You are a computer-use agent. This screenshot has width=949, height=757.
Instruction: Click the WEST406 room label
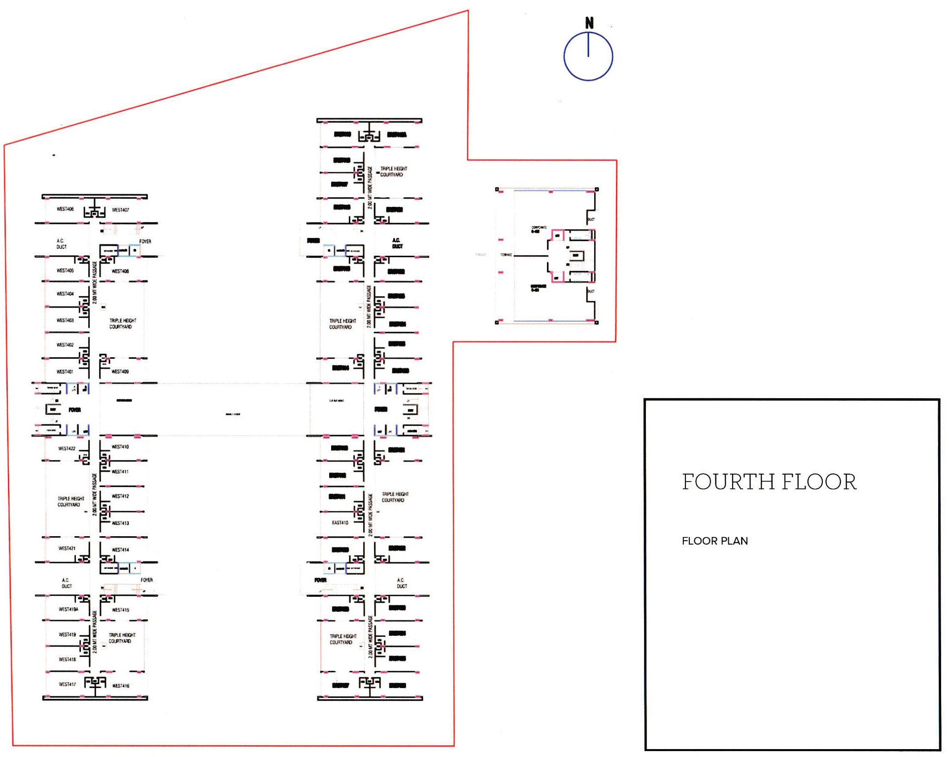click(65, 209)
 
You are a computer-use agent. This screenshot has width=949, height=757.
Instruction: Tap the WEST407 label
click(120, 210)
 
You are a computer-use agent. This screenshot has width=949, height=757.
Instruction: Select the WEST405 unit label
click(65, 271)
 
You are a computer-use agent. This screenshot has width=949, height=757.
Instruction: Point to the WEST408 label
click(120, 271)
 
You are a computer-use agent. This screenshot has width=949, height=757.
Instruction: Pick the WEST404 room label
click(65, 294)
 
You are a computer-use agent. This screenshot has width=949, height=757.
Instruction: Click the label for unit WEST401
click(65, 372)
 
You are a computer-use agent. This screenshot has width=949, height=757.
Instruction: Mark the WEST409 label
click(120, 372)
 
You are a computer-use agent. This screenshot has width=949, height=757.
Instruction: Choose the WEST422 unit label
click(67, 448)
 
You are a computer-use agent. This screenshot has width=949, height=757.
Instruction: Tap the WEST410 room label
click(120, 447)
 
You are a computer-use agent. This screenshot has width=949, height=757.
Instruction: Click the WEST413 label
click(120, 523)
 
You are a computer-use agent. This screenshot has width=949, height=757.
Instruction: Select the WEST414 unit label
click(120, 550)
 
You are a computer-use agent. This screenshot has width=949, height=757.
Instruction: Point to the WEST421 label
click(67, 548)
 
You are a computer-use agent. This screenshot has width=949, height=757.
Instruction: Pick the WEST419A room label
click(68, 609)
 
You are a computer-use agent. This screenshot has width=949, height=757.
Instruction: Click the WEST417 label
click(68, 684)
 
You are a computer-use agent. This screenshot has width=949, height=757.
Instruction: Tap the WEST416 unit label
click(121, 686)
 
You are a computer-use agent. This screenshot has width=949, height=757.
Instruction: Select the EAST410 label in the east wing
click(340, 522)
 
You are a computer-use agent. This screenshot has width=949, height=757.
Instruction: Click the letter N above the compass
click(589, 23)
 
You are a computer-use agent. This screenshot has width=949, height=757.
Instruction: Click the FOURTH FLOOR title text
click(769, 482)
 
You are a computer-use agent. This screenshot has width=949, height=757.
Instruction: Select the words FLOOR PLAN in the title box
click(714, 541)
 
